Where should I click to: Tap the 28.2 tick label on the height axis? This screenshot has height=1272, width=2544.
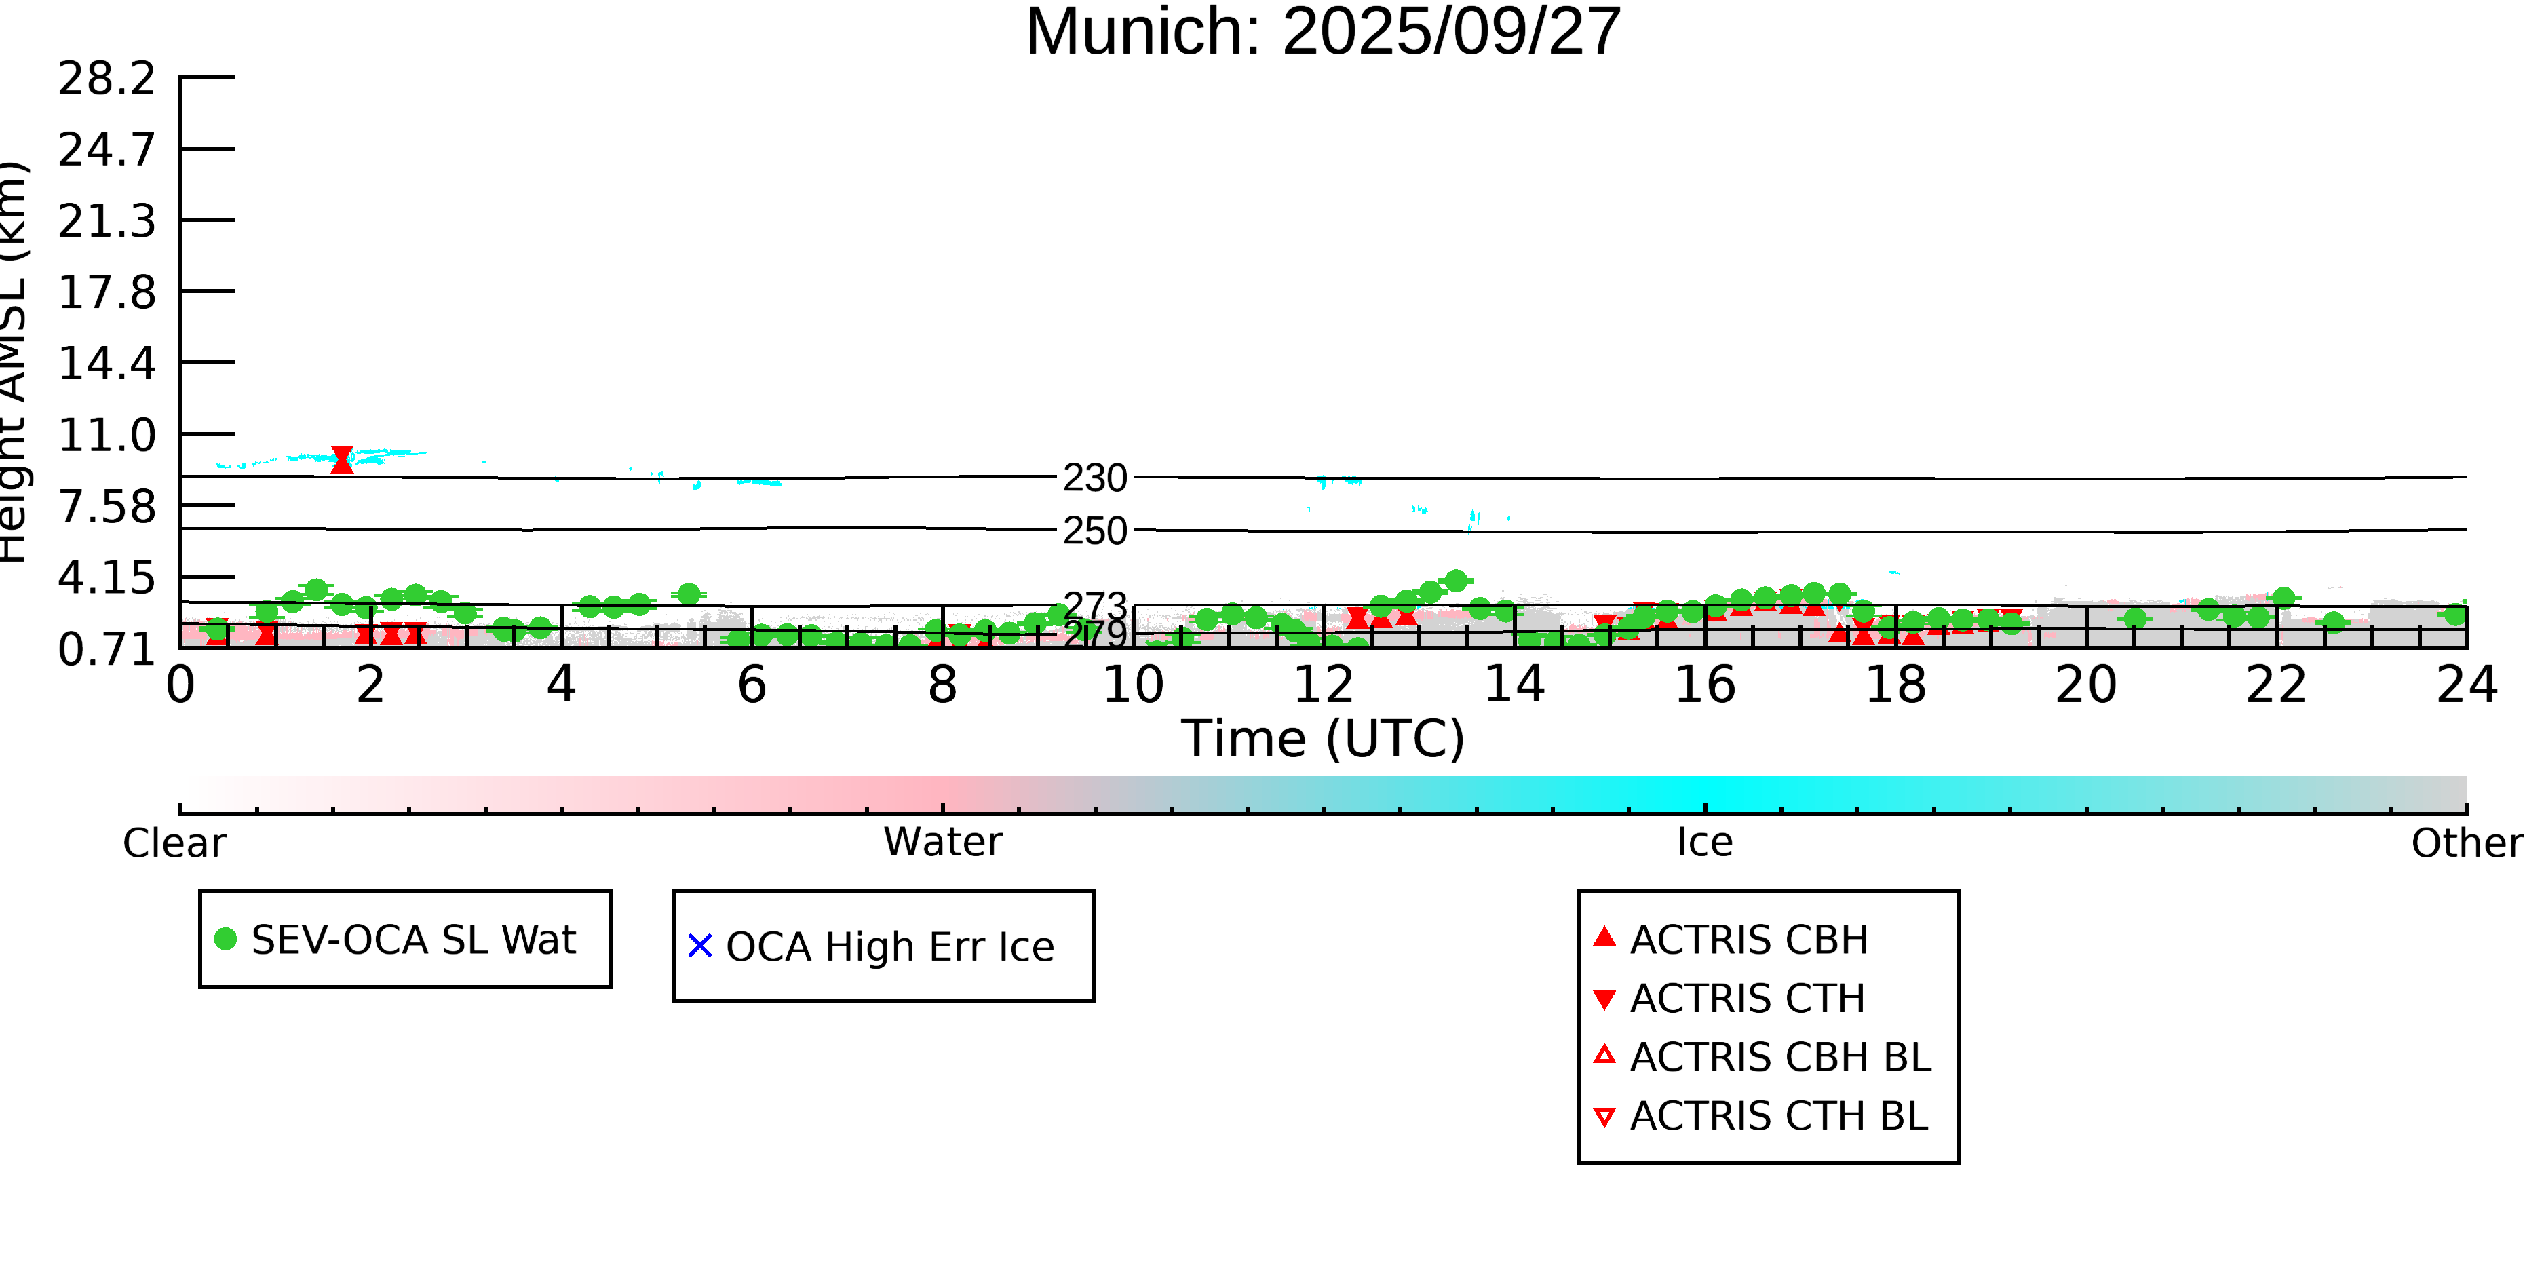click(x=107, y=79)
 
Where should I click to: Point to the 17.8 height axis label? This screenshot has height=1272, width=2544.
click(x=107, y=292)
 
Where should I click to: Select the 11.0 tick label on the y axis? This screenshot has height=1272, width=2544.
click(x=107, y=436)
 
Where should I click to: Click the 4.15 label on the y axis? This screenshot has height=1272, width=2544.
click(x=107, y=578)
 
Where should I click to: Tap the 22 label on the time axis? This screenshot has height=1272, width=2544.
click(x=2275, y=685)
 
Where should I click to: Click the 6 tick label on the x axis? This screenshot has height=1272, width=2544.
click(x=752, y=685)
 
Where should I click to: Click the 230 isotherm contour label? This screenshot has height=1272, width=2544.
click(x=1094, y=478)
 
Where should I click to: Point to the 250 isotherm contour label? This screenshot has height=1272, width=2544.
click(x=1094, y=531)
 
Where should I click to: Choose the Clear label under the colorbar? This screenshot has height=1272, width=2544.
click(x=174, y=843)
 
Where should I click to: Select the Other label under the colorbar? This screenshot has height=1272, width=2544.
click(x=2466, y=843)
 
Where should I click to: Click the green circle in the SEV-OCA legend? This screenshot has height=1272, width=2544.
click(x=225, y=938)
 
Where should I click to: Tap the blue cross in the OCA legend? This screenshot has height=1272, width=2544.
click(x=699, y=946)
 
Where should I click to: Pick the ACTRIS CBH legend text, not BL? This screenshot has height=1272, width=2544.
click(x=1749, y=940)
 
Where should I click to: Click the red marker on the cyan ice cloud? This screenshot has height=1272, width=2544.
click(x=342, y=459)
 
